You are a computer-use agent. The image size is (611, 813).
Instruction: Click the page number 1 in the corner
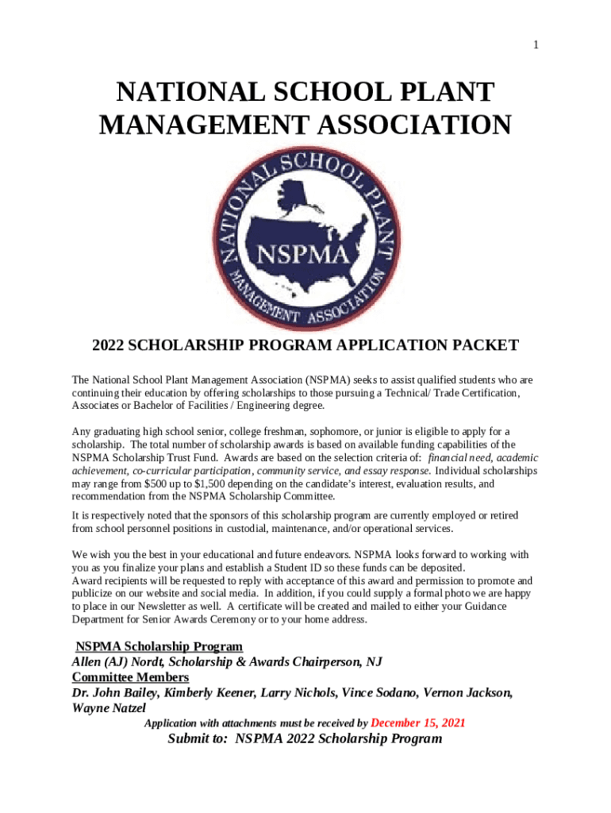click(536, 45)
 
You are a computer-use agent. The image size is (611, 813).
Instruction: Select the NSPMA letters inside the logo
click(305, 255)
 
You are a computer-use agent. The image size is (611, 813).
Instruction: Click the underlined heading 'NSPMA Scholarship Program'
click(159, 646)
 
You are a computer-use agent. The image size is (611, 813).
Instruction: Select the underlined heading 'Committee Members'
click(130, 677)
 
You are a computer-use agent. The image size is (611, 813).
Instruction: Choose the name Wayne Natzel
click(109, 707)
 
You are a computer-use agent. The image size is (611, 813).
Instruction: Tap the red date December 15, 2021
click(418, 723)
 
